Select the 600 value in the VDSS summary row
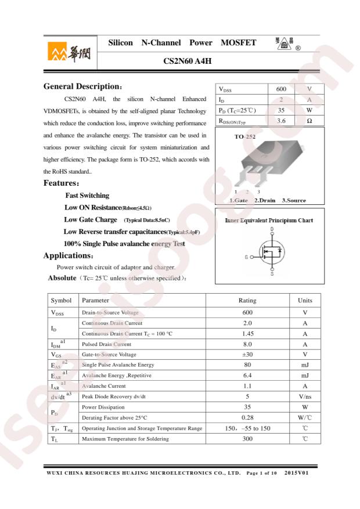(x=281, y=89)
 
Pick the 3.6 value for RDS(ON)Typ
(x=281, y=121)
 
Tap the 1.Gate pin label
(x=239, y=200)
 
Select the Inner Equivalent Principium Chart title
(x=269, y=221)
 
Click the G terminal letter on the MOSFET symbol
(x=246, y=257)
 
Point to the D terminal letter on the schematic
(x=272, y=230)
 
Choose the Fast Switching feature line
(x=87, y=196)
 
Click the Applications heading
(x=68, y=256)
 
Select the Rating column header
(x=247, y=301)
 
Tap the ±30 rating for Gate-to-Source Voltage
(x=247, y=355)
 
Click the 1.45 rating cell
(x=247, y=334)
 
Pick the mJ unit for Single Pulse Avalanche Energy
(x=305, y=365)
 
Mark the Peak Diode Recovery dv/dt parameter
(x=114, y=396)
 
